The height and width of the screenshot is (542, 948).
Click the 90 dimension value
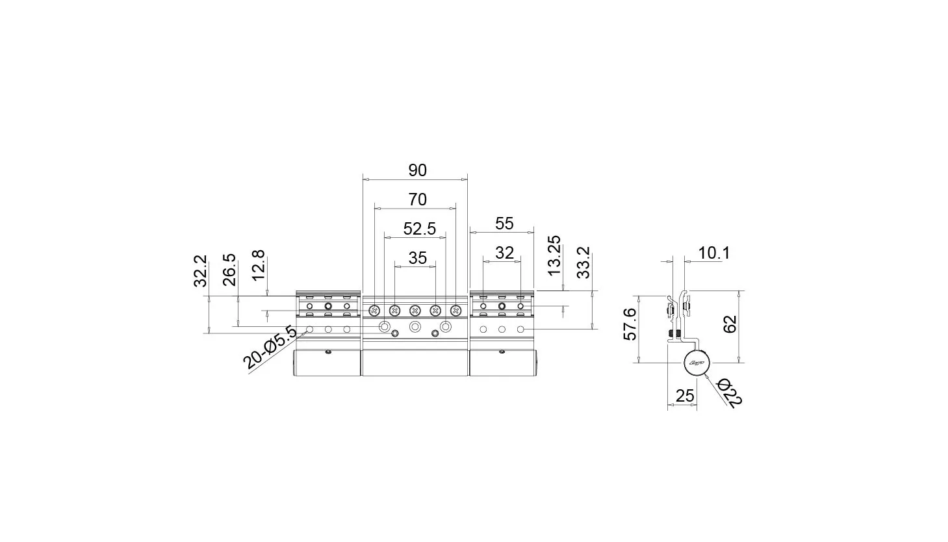tap(417, 170)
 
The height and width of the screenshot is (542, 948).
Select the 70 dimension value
tap(417, 200)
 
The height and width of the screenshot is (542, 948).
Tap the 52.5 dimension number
tap(419, 229)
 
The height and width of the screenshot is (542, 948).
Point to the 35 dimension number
tap(417, 258)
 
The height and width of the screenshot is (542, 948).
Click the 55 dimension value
tap(504, 224)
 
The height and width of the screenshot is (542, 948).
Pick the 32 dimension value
tap(504, 253)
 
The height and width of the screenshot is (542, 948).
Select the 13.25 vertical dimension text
tap(554, 255)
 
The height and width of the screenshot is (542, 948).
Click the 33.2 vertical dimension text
tap(583, 263)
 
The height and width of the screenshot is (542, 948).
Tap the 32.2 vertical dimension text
tap(200, 271)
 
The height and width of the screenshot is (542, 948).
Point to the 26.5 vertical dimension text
tap(229, 270)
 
